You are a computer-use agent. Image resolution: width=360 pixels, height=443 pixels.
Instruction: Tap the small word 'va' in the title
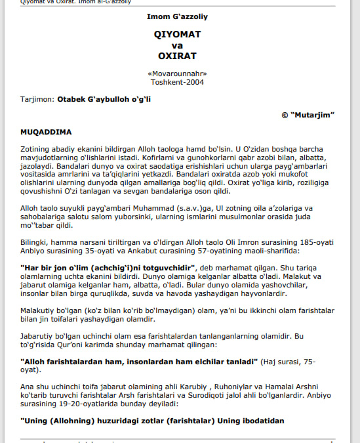177,45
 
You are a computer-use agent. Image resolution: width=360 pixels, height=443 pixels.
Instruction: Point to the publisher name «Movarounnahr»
177,74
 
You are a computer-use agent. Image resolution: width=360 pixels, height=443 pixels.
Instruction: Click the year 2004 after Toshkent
195,82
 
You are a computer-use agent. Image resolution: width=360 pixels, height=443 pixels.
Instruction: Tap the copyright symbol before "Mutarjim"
285,115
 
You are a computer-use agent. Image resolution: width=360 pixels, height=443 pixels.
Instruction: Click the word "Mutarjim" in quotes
313,115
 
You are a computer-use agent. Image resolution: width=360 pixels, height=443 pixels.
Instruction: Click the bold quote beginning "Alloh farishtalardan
138,362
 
